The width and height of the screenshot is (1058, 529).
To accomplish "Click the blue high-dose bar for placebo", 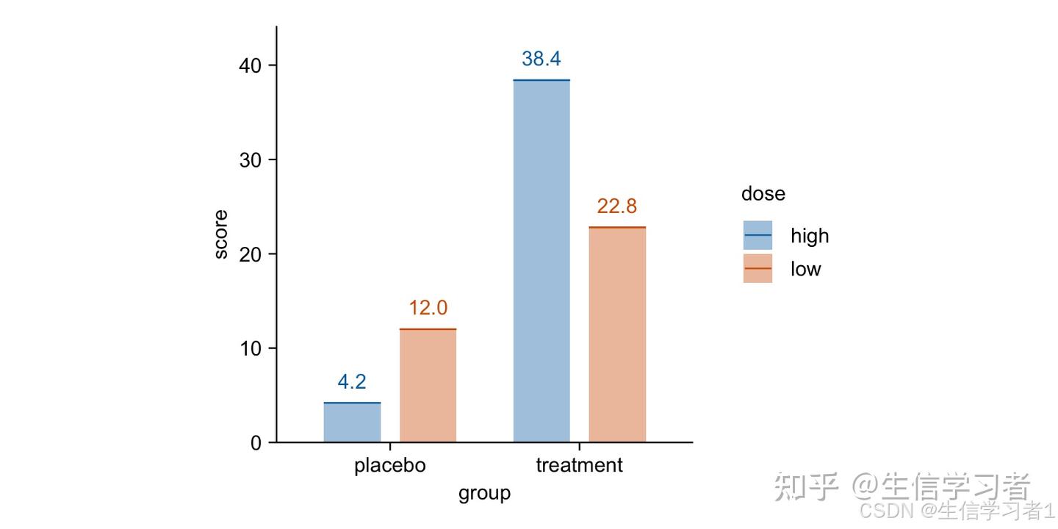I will click(352, 422).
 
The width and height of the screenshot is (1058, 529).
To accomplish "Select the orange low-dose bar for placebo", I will click(428, 386).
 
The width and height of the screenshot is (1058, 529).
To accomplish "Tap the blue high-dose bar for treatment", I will click(541, 261).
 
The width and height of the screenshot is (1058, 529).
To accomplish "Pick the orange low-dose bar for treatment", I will click(617, 334).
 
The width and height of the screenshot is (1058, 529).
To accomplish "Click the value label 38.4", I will click(541, 60).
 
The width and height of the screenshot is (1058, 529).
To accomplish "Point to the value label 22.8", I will click(617, 207).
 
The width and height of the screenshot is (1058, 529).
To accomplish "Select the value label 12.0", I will click(428, 309).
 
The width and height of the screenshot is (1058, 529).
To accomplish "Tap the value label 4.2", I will click(352, 382).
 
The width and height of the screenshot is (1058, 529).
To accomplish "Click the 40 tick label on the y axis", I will click(250, 65).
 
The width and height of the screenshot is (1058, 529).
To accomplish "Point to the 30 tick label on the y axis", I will click(250, 159).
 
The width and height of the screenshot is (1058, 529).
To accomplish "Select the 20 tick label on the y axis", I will click(250, 254).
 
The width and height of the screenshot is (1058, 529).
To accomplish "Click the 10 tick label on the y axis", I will click(250, 348).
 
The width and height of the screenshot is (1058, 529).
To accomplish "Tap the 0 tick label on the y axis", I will click(255, 442).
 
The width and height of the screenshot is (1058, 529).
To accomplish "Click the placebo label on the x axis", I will click(389, 466).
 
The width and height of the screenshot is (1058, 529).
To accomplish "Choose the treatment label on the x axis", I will click(579, 466).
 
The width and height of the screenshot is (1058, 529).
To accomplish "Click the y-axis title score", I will click(220, 234).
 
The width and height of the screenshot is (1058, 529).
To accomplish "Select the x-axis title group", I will click(484, 493).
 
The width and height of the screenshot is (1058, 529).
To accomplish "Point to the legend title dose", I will click(763, 194).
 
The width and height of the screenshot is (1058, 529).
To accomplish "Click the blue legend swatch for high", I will click(757, 235).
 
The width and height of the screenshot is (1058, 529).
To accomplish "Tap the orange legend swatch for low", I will click(757, 269).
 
